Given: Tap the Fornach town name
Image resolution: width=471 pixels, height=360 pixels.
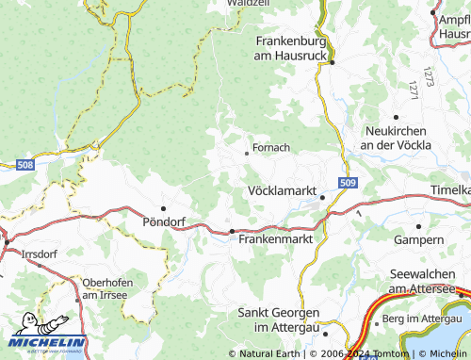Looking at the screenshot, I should (270, 148).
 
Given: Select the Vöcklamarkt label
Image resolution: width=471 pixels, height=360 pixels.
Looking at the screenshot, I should (281, 190).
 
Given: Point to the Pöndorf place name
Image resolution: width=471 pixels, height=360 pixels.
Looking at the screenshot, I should (162, 222).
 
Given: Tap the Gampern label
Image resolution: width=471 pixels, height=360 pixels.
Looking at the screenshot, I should (418, 240).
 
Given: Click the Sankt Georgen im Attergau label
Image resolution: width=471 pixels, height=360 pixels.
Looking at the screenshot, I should (278, 319).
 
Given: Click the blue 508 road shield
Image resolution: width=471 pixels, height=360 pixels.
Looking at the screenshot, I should (25, 166).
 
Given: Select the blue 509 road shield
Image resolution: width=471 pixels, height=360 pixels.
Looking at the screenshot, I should (348, 183).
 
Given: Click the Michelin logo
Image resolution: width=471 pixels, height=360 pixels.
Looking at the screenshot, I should (48, 340).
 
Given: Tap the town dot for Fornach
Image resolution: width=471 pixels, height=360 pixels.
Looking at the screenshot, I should (247, 152).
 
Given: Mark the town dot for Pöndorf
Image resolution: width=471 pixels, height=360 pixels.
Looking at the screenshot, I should (163, 208).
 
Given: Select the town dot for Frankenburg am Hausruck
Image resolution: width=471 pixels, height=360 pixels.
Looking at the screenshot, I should (333, 62).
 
